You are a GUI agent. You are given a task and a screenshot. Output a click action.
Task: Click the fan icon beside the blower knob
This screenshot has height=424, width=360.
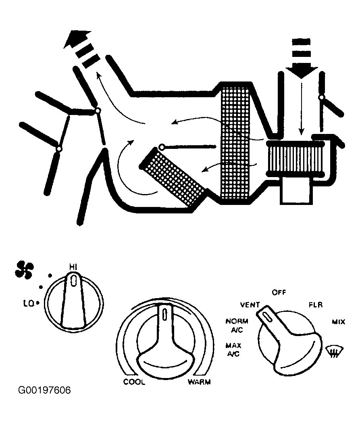[x=25, y=269]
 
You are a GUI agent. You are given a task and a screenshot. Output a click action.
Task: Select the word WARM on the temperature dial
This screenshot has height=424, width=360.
[x=199, y=382]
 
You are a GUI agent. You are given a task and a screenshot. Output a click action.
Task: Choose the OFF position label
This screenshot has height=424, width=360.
[x=279, y=292]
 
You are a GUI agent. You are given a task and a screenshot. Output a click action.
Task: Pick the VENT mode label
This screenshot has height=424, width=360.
[x=250, y=304]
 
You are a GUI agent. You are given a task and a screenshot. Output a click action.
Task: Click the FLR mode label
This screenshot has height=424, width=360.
[x=315, y=305]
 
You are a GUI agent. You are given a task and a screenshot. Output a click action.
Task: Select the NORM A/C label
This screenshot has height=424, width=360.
[x=237, y=325]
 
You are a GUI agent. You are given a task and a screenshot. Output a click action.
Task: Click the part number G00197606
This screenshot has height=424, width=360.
[x=45, y=391]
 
